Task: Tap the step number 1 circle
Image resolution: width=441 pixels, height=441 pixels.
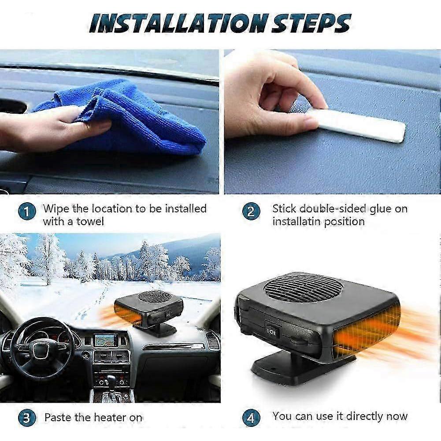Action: click(x=27, y=212)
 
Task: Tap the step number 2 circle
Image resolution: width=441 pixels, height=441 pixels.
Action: click(x=251, y=212)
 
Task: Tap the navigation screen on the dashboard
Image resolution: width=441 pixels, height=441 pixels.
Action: click(x=106, y=340)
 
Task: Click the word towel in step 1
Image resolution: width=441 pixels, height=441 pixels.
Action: click(x=90, y=221)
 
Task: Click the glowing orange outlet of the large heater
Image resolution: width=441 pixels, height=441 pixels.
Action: click(x=368, y=328)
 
